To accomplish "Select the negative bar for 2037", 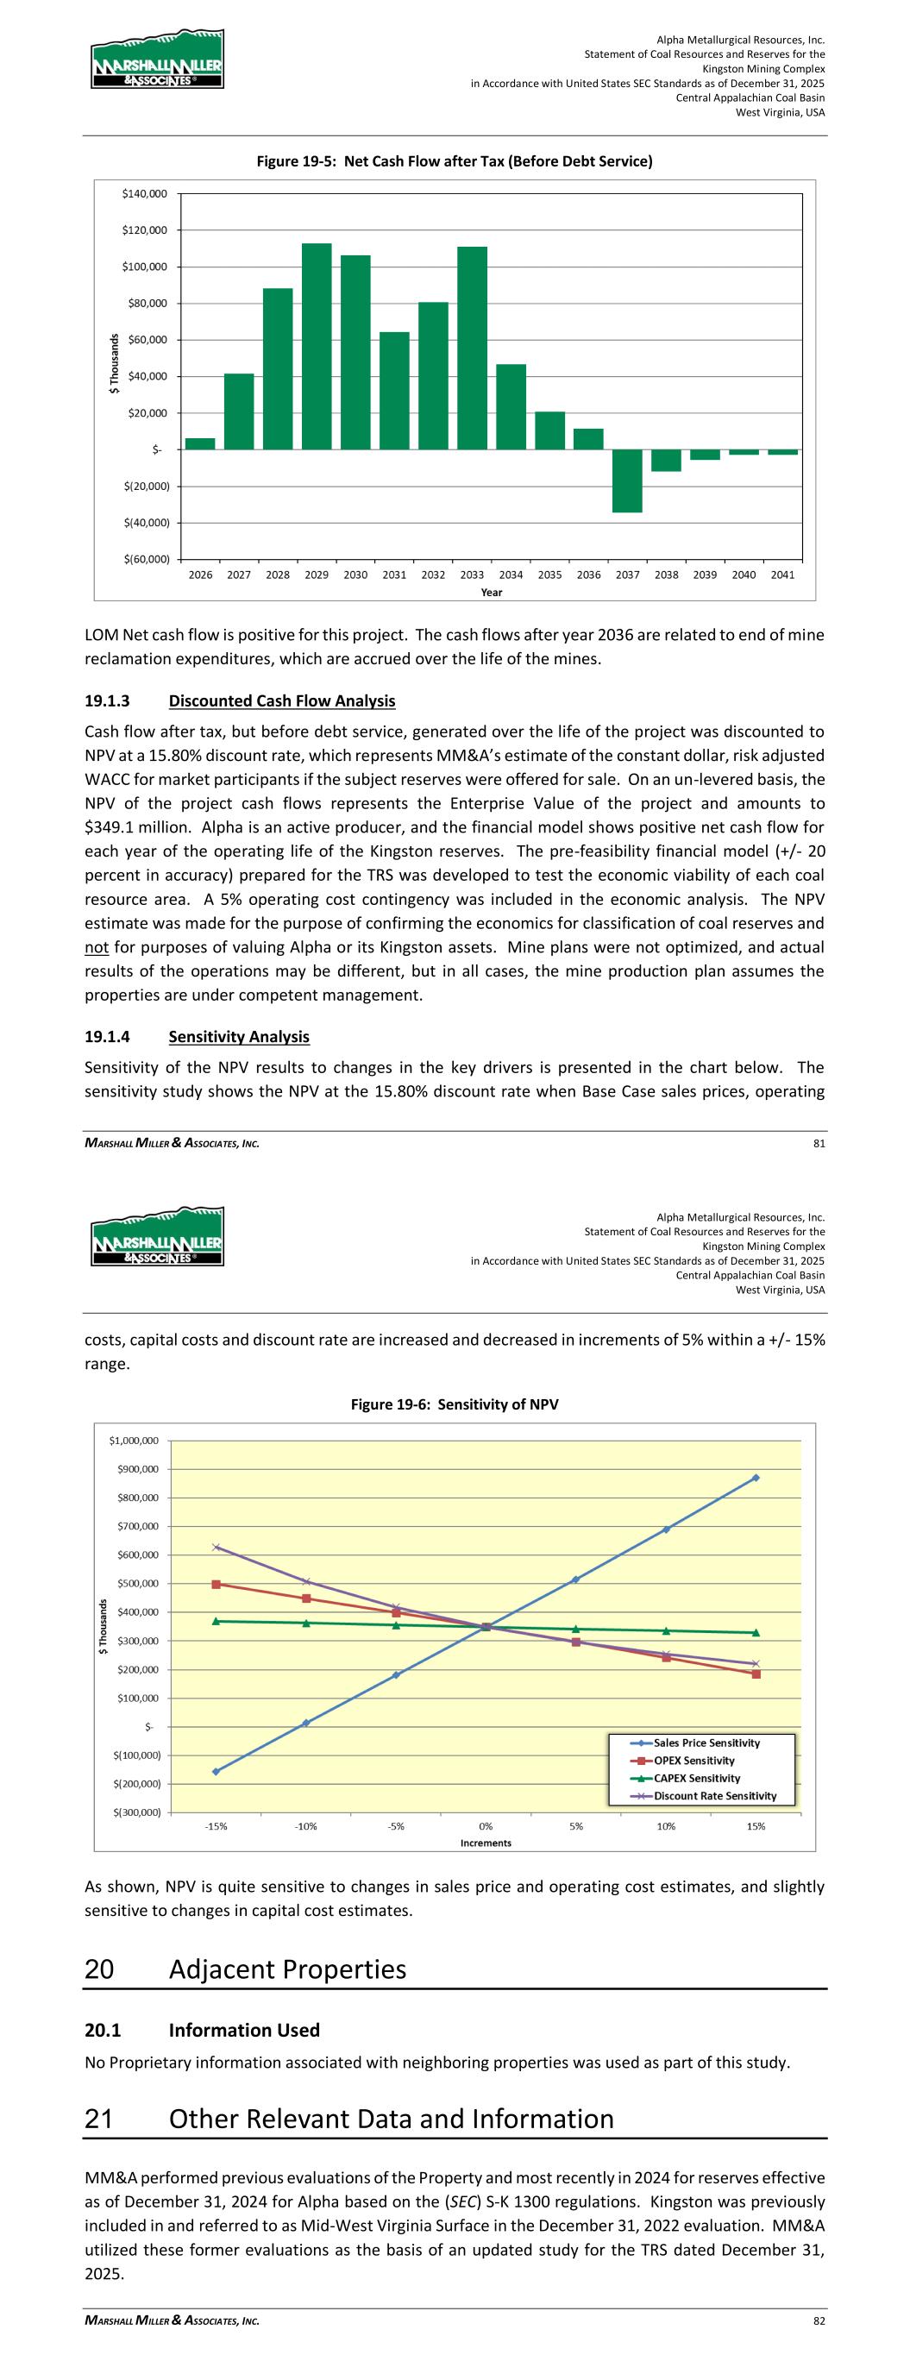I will point(627,480).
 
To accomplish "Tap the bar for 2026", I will point(200,443).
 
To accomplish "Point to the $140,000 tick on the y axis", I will point(145,194).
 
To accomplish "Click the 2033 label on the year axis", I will point(472,575).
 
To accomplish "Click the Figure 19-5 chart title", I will point(454,162).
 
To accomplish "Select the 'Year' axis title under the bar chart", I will point(491,593).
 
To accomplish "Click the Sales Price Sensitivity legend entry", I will point(706,1743).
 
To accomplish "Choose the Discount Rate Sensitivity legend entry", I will point(714,1795).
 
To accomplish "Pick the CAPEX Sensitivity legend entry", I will point(697,1778).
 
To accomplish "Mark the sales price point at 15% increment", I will point(756,1478).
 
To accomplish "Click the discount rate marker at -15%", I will point(216,1547).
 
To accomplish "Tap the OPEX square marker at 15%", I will point(756,1674).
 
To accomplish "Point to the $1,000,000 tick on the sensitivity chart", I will point(134,1441).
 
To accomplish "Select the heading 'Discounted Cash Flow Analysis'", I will point(282,701).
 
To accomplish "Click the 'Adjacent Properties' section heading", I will point(287,1969).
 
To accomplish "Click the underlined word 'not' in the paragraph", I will point(97,947).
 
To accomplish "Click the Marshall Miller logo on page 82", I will point(156,1237).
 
